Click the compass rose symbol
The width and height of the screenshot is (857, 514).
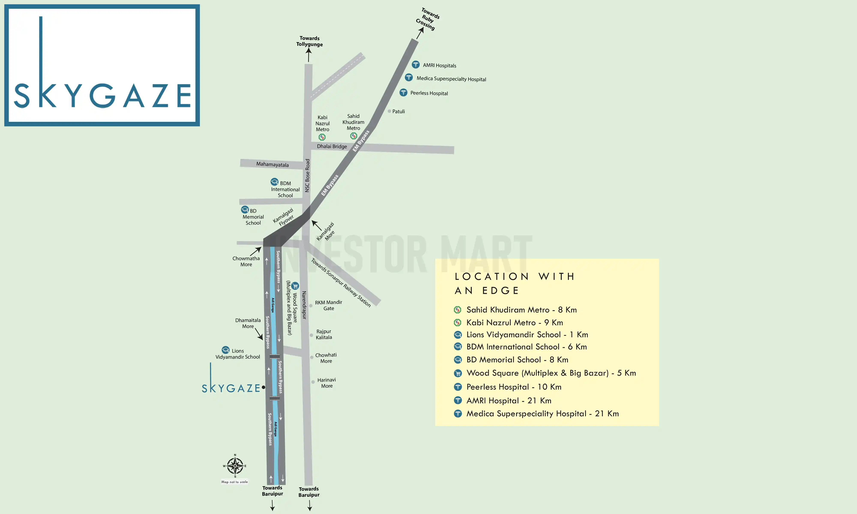[x=235, y=466]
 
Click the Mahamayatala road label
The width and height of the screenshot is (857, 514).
[x=272, y=164]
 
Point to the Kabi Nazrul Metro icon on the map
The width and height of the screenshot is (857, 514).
[x=322, y=137]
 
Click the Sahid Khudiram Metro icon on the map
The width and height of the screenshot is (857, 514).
[x=353, y=136]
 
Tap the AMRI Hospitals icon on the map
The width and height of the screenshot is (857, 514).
[x=416, y=65]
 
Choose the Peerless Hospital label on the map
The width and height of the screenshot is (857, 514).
[x=429, y=93]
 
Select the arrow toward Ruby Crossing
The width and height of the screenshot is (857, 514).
[x=420, y=33]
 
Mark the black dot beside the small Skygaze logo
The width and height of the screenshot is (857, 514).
[x=264, y=387]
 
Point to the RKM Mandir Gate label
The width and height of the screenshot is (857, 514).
[x=328, y=305]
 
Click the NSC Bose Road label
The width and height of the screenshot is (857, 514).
[x=307, y=176]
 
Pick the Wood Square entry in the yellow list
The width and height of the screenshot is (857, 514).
[x=551, y=373]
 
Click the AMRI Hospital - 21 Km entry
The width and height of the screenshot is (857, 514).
[x=508, y=401]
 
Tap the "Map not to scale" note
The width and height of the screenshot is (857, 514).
[x=235, y=482]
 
